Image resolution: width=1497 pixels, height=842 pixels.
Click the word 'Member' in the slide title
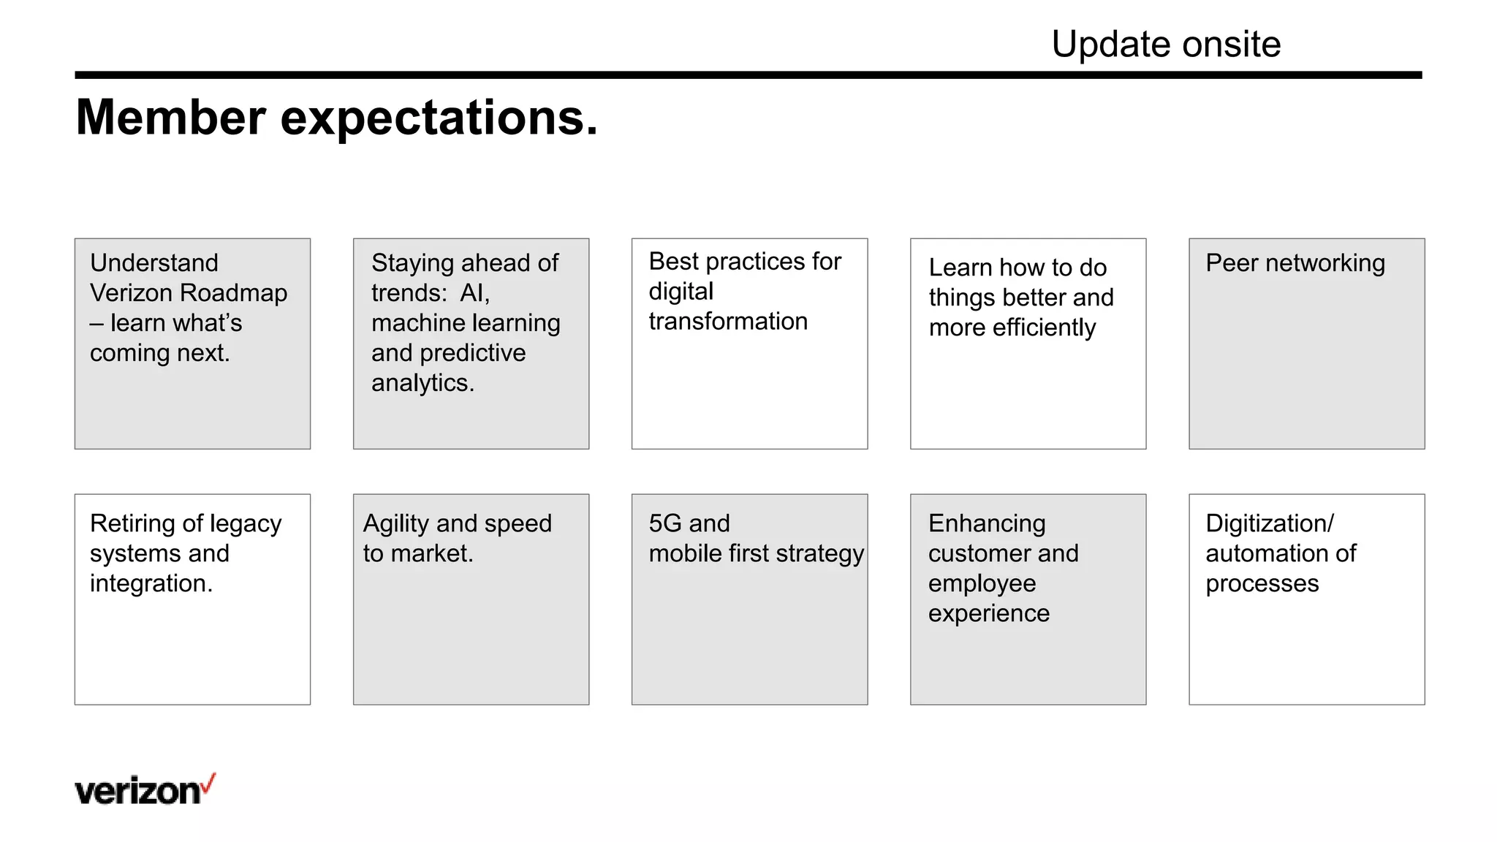point(170,118)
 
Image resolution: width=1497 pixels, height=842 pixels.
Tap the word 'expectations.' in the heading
point(439,119)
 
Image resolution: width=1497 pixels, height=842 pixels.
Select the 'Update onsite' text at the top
point(1165,45)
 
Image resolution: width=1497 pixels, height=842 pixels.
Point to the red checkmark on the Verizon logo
point(209,784)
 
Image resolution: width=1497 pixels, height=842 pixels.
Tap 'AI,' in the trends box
point(474,293)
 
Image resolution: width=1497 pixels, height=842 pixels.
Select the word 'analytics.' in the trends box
point(422,383)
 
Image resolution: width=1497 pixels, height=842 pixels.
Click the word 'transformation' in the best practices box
point(728,322)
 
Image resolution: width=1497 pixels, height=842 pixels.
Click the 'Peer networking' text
point(1295,263)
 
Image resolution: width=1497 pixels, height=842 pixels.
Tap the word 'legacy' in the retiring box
point(246,524)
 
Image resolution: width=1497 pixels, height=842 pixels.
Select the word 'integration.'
point(151,584)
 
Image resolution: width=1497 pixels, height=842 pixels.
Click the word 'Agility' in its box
point(395,524)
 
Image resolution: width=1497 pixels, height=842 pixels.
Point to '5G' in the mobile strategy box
point(665,523)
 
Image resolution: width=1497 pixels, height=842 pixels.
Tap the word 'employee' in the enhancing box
point(982,584)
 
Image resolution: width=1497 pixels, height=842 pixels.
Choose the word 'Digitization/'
point(1269,523)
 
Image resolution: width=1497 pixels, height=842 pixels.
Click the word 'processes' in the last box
point(1262,584)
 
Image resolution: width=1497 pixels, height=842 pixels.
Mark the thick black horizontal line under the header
point(748,75)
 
